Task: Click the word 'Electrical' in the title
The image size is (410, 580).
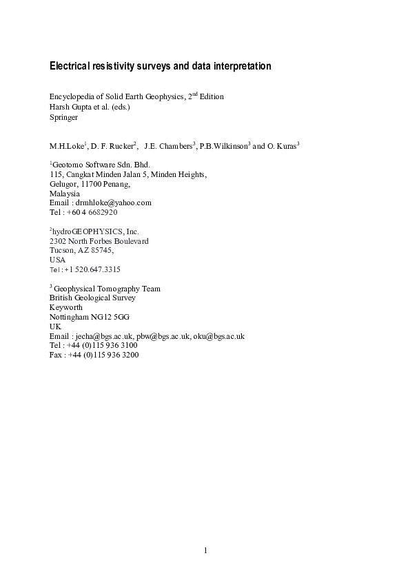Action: coord(71,67)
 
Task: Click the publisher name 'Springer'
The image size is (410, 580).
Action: coord(64,117)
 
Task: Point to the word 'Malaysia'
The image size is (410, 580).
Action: coord(65,194)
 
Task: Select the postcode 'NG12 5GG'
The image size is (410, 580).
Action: coord(114,317)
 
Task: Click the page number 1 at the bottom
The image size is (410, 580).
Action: coord(205,550)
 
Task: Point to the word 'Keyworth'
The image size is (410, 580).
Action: coord(66,307)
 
